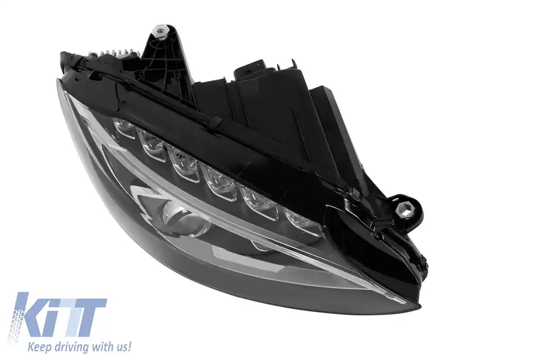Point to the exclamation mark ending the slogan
point(129,346)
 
